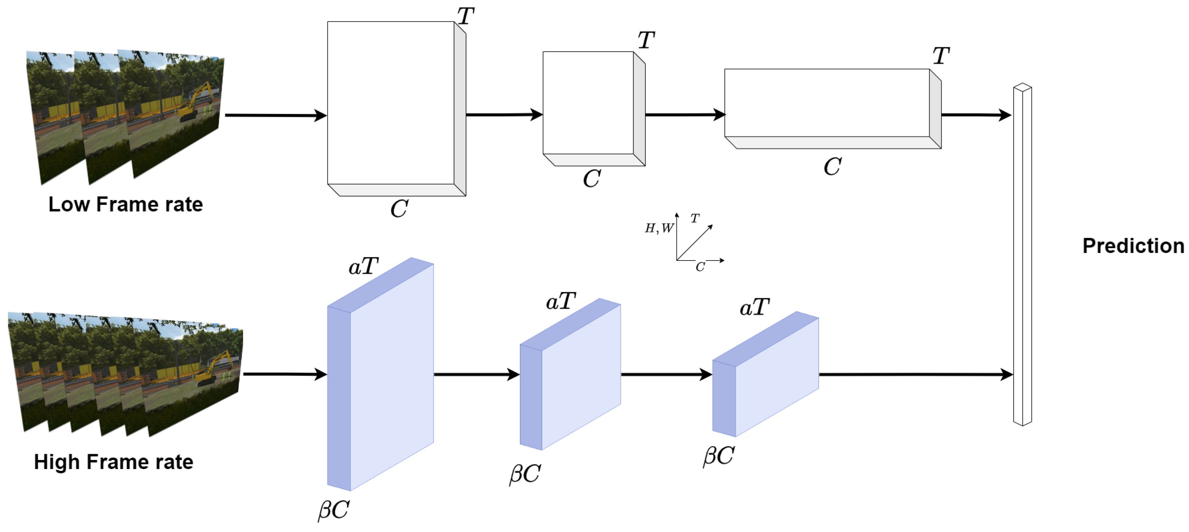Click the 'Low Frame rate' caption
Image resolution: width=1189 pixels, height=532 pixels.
(126, 204)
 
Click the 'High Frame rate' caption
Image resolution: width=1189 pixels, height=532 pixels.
(114, 461)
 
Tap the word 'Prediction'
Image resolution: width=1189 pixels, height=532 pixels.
(1133, 246)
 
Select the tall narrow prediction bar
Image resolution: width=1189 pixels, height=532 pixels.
(1022, 254)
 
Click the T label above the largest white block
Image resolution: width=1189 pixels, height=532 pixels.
(465, 17)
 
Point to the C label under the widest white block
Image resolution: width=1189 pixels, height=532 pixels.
(832, 167)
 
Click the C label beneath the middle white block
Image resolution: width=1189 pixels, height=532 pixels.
(591, 179)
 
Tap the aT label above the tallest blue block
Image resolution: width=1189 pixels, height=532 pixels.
(363, 266)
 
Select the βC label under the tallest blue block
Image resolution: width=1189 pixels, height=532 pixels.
(333, 510)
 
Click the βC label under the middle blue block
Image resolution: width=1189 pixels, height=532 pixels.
(525, 474)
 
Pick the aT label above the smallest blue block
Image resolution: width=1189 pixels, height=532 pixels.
(754, 307)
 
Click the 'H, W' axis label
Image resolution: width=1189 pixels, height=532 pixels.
(659, 228)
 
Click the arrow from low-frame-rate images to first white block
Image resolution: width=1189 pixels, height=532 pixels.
(275, 115)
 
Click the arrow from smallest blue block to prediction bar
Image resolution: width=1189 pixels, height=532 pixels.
(914, 374)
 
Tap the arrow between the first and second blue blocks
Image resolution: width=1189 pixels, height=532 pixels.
(476, 374)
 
